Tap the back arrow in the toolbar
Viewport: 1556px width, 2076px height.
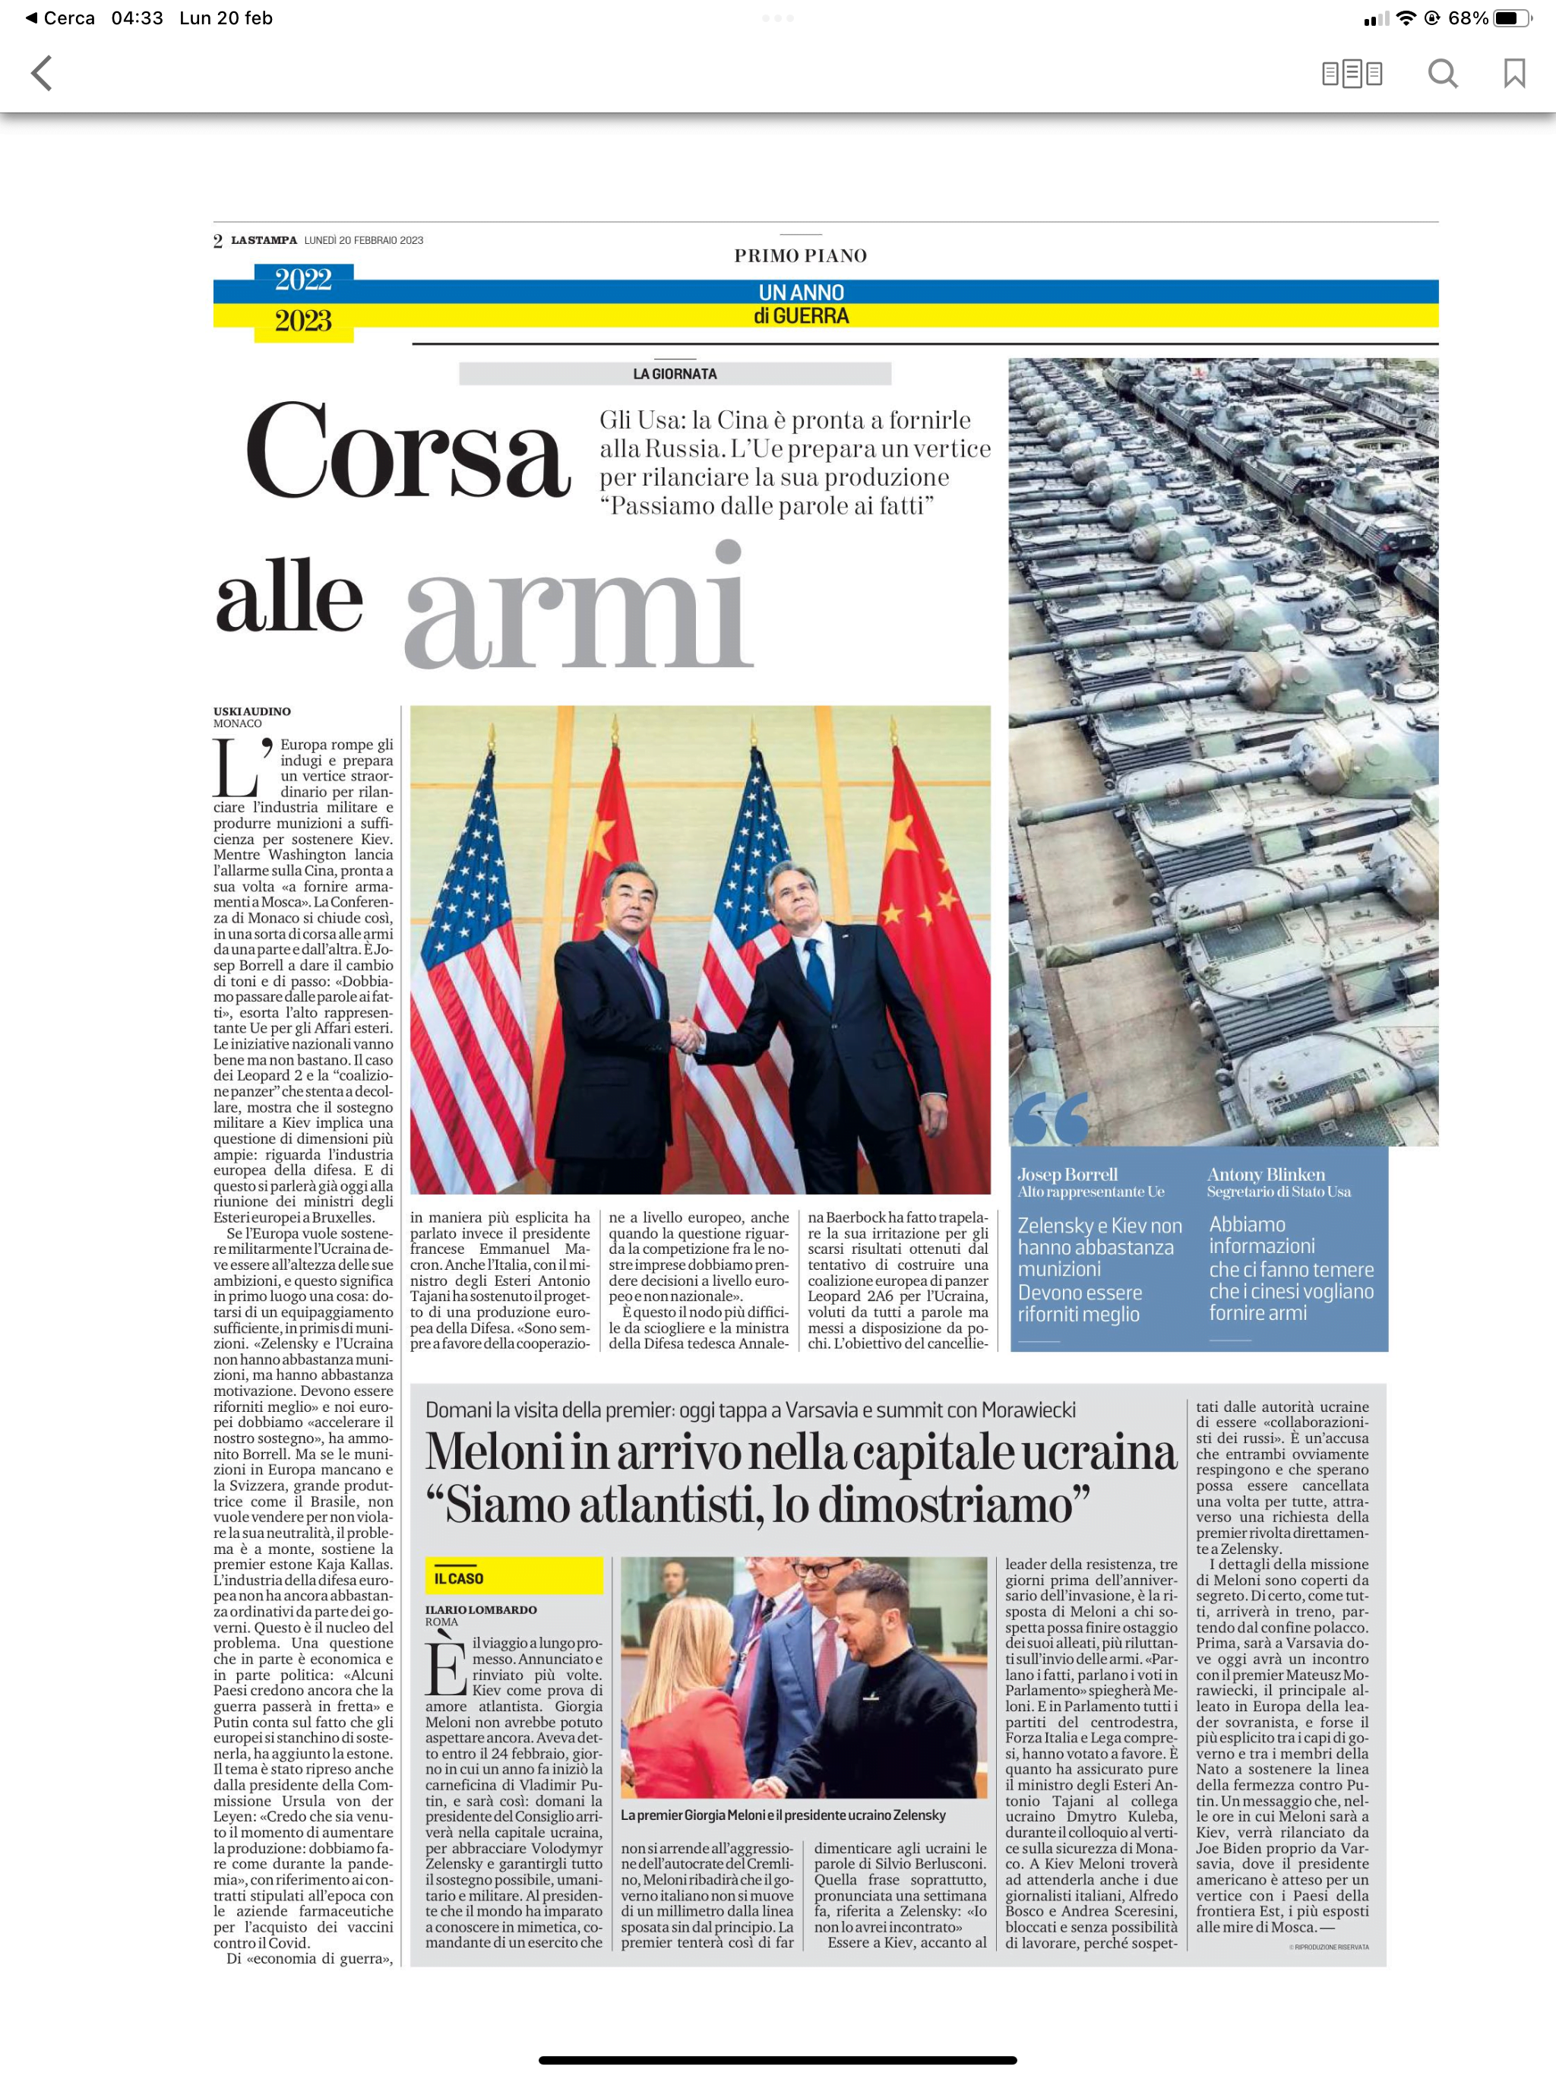coord(41,73)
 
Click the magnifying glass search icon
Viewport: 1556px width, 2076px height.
coord(1443,73)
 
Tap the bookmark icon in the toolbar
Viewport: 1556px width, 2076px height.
coord(1513,73)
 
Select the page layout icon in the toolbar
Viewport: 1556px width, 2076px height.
coord(1352,73)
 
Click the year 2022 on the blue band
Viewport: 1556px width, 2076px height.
coord(303,280)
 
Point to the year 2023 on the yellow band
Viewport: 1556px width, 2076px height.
coord(303,321)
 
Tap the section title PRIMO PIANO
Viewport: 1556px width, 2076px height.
coord(801,255)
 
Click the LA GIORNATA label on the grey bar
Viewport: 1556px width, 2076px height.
coord(675,374)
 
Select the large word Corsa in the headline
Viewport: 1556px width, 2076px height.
coord(407,451)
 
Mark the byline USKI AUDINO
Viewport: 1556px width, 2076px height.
coord(251,711)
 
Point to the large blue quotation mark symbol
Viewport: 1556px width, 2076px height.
coord(1051,1118)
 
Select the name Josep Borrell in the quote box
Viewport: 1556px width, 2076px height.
coord(1067,1174)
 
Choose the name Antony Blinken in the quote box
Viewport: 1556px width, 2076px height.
coord(1266,1174)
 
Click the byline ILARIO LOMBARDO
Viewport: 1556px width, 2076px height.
coord(480,1609)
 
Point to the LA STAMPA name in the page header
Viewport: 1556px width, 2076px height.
coord(264,240)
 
